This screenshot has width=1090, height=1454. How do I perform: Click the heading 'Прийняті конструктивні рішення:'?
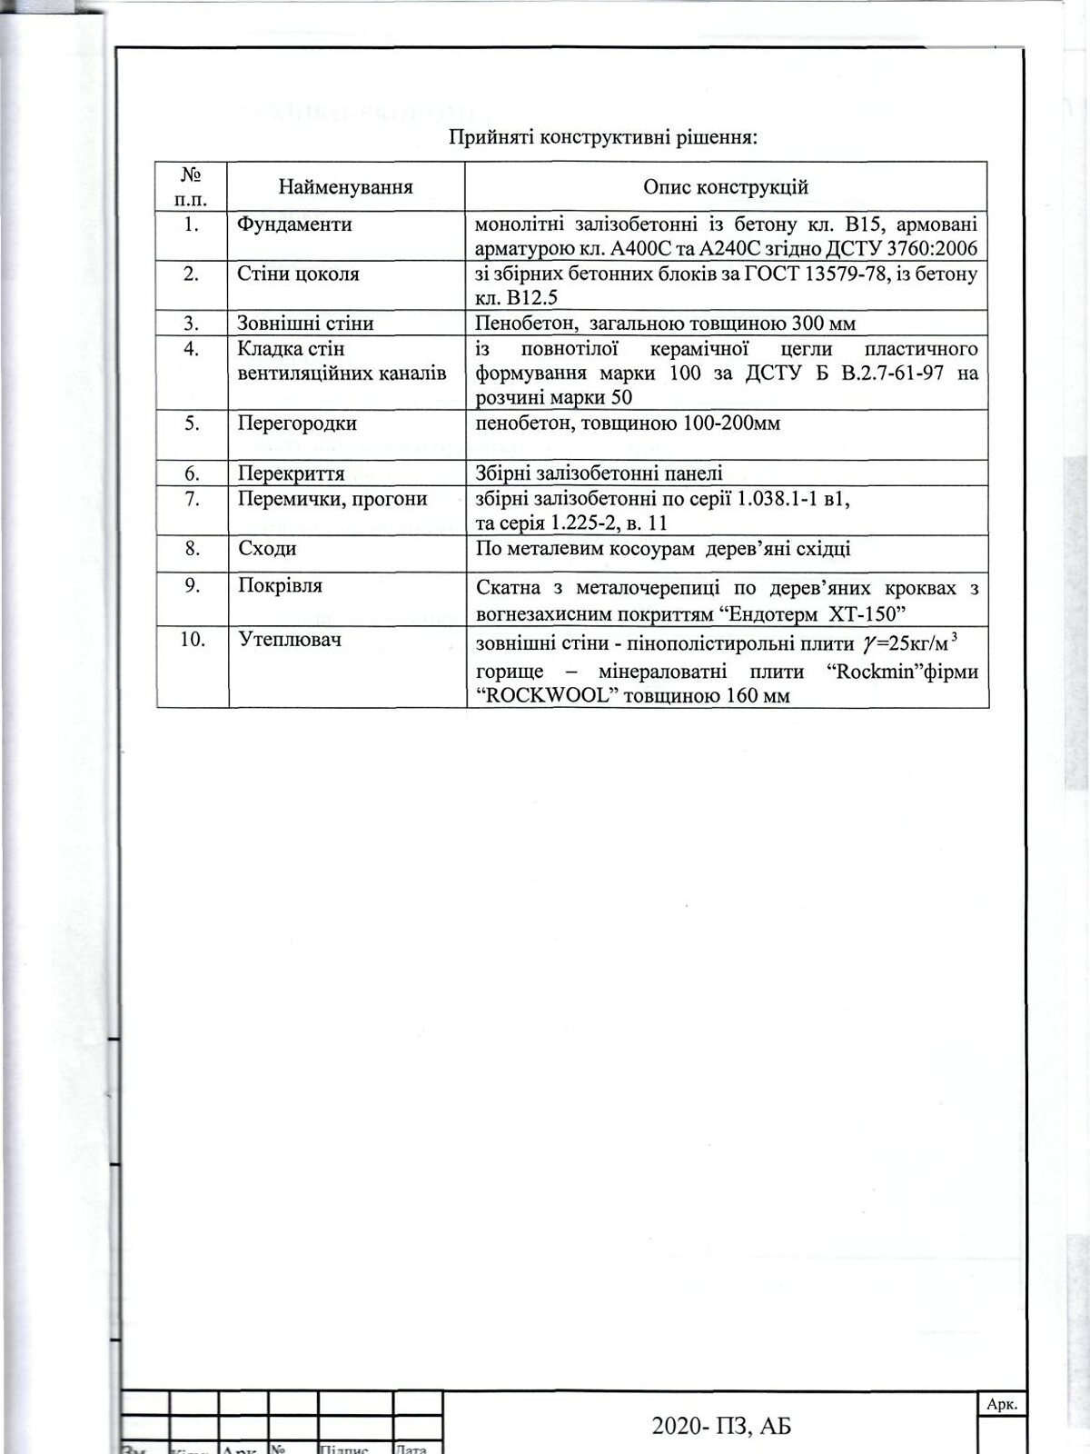tap(603, 138)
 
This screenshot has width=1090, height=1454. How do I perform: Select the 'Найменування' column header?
tap(345, 187)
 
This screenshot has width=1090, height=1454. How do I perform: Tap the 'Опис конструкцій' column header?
tap(726, 187)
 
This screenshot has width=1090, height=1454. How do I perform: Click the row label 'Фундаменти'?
tap(294, 224)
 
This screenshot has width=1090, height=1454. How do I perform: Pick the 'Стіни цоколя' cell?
tap(298, 274)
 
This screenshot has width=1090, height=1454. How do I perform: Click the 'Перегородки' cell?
tap(297, 423)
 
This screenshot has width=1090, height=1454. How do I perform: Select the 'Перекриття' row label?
tap(291, 473)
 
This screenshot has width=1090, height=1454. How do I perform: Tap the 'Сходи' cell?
tap(267, 549)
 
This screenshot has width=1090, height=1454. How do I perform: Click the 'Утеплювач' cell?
tap(290, 640)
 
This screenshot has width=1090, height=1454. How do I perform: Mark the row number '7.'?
tap(192, 499)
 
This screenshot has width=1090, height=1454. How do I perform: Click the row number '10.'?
tap(192, 640)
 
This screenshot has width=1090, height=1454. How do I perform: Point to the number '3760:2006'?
tap(932, 249)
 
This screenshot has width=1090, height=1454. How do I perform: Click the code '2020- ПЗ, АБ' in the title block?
tap(721, 1426)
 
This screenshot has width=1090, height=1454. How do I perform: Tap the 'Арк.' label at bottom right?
tap(1002, 1404)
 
